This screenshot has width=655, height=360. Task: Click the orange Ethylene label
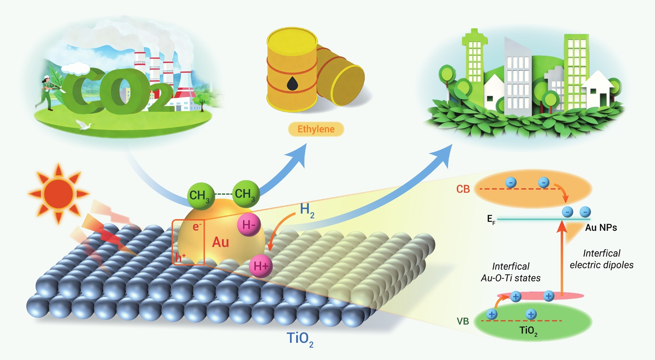pos(316,129)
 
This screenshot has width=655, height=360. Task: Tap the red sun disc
pos(59,194)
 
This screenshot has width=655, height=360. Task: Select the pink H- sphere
pos(249,225)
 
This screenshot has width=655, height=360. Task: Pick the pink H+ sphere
pos(261,266)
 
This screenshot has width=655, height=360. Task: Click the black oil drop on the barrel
pos(292,83)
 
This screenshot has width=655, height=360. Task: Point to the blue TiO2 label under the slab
pos(300,339)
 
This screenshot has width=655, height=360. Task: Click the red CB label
pos(463,189)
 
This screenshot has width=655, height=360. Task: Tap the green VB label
pos(463,321)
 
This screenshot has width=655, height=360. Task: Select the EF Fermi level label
pos(491,219)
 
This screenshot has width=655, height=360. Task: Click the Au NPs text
pos(601,228)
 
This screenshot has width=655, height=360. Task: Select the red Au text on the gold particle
pos(221,242)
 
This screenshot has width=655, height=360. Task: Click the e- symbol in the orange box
pos(197,227)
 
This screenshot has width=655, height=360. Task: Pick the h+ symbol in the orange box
pos(180,257)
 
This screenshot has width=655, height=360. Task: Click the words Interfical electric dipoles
pos(601,259)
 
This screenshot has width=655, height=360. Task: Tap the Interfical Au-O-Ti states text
pos(511,272)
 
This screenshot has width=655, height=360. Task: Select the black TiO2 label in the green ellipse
pos(528,331)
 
